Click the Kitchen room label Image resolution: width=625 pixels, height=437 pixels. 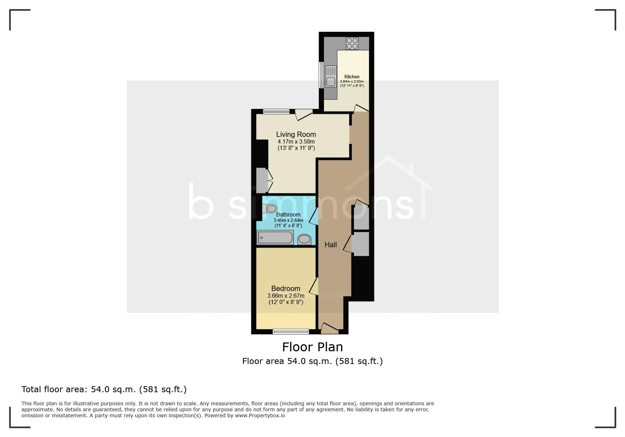[351, 77]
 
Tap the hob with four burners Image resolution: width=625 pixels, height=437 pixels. [352, 43]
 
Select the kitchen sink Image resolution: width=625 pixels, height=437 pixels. [331, 77]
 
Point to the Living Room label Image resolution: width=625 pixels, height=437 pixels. [296, 134]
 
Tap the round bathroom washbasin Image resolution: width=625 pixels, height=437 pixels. [304, 239]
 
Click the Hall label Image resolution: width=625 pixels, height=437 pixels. [331, 245]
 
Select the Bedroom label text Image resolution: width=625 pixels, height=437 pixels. [286, 289]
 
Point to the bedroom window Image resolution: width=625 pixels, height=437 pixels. [291, 332]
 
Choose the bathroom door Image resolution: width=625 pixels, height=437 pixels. [313, 216]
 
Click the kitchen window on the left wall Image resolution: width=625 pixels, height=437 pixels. [321, 75]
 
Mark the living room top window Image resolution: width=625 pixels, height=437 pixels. [276, 112]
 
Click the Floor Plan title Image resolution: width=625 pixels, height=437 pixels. [312, 347]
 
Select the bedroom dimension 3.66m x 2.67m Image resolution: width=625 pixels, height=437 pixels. [286, 296]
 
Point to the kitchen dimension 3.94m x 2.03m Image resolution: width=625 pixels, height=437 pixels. [351, 81]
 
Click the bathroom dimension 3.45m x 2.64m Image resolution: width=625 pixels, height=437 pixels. [288, 220]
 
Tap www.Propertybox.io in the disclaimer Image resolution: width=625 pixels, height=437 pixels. [260, 415]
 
